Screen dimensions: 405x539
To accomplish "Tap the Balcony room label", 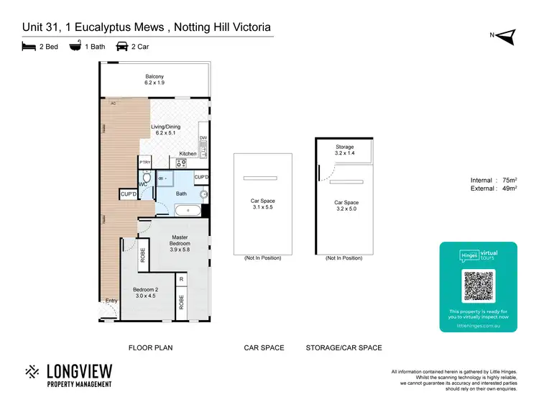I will pyautogui.click(x=155, y=79).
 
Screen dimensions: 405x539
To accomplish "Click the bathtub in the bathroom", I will pyautogui.click(x=189, y=211).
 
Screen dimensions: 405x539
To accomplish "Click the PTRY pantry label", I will pyautogui.click(x=145, y=163).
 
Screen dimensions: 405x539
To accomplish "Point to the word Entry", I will pyautogui.click(x=111, y=301).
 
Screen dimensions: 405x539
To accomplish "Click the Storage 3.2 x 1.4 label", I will pyautogui.click(x=345, y=150).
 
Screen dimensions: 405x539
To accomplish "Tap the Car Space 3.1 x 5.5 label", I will pyautogui.click(x=262, y=204).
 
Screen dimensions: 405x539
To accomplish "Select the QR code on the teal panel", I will pyautogui.click(x=478, y=286).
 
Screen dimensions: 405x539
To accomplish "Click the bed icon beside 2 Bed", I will pyautogui.click(x=28, y=46).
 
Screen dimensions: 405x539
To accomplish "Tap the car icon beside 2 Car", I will pyautogui.click(x=121, y=46).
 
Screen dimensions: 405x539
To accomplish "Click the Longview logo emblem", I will pyautogui.click(x=32, y=373).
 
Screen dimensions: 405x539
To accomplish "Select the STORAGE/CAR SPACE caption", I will pyautogui.click(x=343, y=348).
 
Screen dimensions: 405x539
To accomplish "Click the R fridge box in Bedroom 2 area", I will pyautogui.click(x=181, y=278).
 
